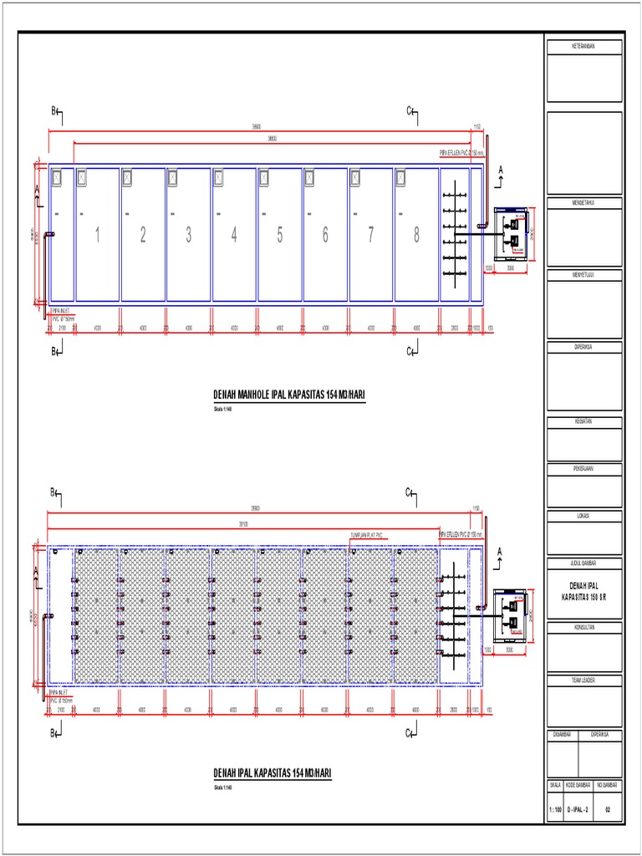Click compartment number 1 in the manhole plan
pos(97,236)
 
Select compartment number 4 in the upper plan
pos(234,236)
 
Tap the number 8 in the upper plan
pos(416,236)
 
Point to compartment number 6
pos(325,236)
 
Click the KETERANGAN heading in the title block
pos(583,48)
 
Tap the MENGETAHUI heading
pos(583,203)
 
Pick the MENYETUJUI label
pos(583,275)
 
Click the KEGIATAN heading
pos(583,422)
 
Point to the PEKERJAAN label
pos(583,469)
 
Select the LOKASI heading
pos(583,516)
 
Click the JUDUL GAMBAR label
pos(583,563)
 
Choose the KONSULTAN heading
pos(583,626)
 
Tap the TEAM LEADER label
pos(583,681)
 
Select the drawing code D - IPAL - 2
pos(579,809)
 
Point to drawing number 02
pos(608,809)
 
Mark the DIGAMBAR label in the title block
pos(562,735)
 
